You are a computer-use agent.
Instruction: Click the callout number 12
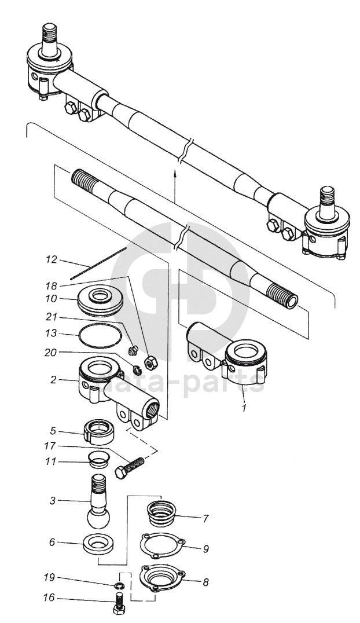(x=52, y=260)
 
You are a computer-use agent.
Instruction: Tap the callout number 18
(x=52, y=286)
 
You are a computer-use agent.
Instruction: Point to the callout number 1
(x=245, y=407)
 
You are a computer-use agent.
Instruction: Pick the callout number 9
(x=206, y=549)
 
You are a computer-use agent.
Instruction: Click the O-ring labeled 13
(x=100, y=336)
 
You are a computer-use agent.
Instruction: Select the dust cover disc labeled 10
(x=100, y=298)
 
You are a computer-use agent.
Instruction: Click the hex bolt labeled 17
(x=129, y=468)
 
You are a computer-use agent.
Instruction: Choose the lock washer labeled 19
(x=118, y=585)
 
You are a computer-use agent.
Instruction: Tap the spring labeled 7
(x=161, y=514)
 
